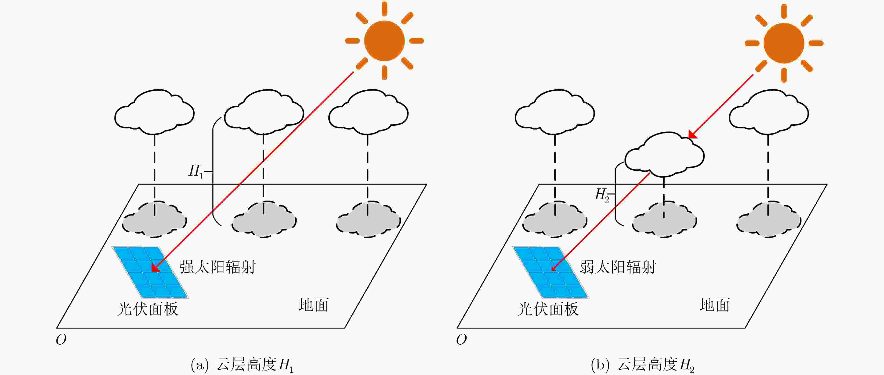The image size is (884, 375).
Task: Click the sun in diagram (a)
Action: (384, 40)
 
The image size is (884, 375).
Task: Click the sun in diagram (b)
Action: (784, 43)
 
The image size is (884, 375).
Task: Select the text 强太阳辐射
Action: (217, 267)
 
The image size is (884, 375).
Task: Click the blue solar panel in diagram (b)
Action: (551, 272)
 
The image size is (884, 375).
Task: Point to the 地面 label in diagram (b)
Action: (715, 305)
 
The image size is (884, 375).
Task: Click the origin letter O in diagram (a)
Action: (61, 340)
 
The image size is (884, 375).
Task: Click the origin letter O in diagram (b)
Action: (462, 340)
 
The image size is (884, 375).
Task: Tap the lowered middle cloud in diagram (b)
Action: (665, 155)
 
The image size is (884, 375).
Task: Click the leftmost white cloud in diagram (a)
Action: (154, 112)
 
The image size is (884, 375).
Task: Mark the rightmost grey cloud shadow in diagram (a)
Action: (368, 219)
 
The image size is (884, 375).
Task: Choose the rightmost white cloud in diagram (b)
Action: (769, 112)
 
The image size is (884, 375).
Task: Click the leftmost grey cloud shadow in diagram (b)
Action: (555, 219)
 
